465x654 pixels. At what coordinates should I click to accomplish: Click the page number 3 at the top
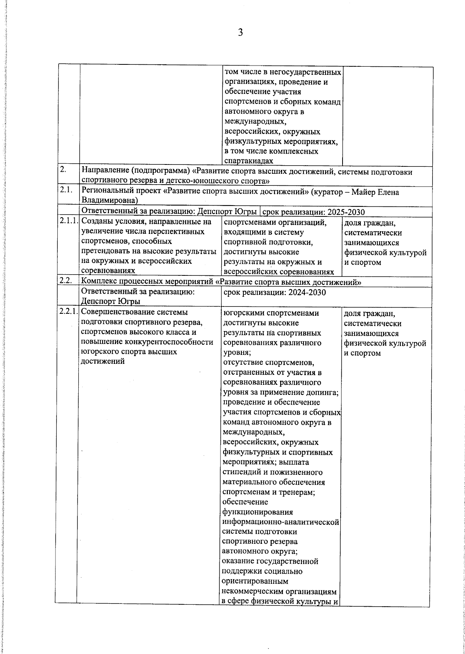coord(240,33)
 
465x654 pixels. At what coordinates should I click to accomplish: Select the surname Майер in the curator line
coord(364,192)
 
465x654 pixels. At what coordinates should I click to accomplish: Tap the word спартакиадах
coord(248,161)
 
